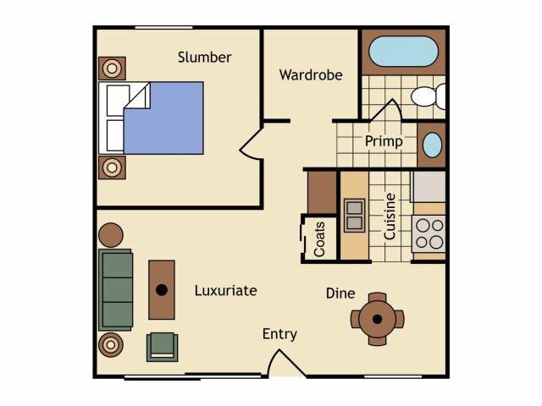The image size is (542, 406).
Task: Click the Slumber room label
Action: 205,58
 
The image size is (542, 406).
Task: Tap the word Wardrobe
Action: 311,75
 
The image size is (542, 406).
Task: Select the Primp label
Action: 384,141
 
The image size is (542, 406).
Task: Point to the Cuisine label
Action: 390,217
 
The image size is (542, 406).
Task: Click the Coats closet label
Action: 319,239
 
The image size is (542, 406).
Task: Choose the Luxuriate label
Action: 226,291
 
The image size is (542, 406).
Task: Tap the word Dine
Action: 340,294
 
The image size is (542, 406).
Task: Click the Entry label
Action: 279,334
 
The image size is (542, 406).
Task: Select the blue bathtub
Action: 403,52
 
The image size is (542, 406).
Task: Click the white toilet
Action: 428,96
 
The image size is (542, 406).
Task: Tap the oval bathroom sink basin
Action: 432,145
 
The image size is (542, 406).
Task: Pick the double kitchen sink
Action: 354,216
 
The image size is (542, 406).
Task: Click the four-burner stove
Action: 429,233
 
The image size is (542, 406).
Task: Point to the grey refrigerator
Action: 429,186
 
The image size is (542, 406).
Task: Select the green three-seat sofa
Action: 116,290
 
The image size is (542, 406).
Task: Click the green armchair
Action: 162,347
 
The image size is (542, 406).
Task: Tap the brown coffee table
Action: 162,290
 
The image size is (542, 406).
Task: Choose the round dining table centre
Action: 377,320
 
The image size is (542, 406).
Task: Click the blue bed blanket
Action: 163,118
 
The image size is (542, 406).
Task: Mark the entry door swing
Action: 285,363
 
